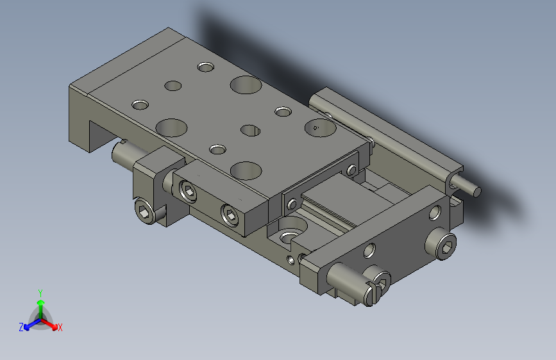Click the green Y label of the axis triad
pyautogui.click(x=40, y=292)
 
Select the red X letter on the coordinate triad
pyautogui.click(x=60, y=328)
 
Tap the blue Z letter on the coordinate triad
pyautogui.click(x=21, y=327)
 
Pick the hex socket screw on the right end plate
pyautogui.click(x=446, y=244)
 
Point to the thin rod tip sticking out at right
pyautogui.click(x=476, y=190)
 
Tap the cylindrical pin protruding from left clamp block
pyautogui.click(x=121, y=153)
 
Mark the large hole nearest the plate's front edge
pyautogui.click(x=246, y=170)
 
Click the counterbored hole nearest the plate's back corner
pyautogui.click(x=206, y=67)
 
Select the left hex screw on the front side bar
pyautogui.click(x=189, y=190)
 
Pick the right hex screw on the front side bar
pyautogui.click(x=230, y=215)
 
